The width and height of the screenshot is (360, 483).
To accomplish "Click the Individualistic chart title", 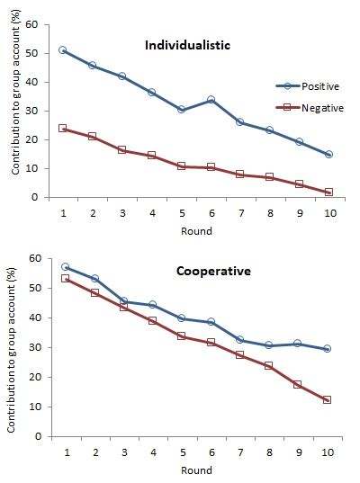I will click(x=191, y=45).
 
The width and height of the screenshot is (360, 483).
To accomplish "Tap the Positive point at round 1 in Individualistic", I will click(x=62, y=50).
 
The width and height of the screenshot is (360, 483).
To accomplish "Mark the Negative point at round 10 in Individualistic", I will click(x=328, y=192).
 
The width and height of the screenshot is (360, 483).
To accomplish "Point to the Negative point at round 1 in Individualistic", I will click(x=62, y=129).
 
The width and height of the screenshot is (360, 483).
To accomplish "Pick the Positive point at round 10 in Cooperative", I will click(x=328, y=349).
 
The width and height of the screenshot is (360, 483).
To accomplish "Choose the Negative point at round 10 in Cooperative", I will click(x=328, y=399).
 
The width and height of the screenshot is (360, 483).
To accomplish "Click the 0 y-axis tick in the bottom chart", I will click(x=36, y=436).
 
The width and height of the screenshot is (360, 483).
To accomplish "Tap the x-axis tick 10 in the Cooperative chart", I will click(x=328, y=452).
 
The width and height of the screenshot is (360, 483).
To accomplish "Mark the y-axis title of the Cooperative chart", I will click(x=12, y=347).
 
